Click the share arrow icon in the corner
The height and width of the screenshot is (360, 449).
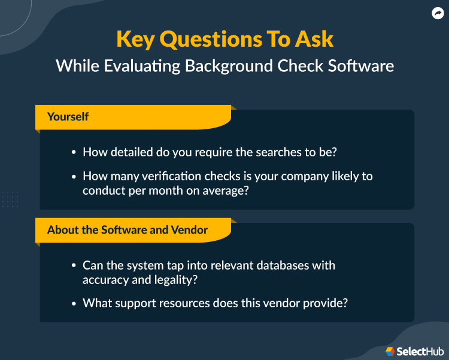(437, 13)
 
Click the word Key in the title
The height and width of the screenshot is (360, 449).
(136, 40)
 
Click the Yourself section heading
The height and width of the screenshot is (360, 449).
(68, 116)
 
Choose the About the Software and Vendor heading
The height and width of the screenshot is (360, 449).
(128, 229)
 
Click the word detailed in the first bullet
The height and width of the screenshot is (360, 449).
(133, 152)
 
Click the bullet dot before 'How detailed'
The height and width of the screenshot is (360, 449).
(74, 153)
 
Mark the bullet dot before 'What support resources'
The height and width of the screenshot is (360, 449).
(74, 304)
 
